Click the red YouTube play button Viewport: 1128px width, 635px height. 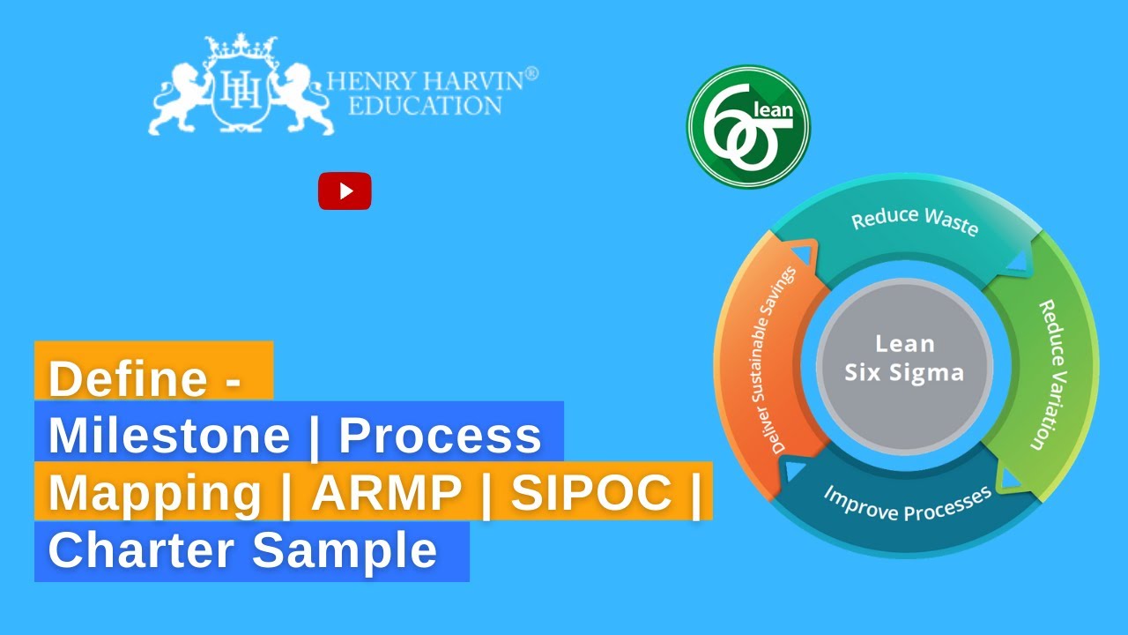pos(345,191)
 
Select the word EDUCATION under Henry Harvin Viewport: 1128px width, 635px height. pos(426,107)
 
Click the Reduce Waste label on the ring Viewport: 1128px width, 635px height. pos(915,221)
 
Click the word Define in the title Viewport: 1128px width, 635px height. pos(128,379)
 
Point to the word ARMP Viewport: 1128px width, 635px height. pos(387,494)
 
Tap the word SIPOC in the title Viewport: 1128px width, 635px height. pos(592,494)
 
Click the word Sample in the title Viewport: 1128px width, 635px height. pos(345,551)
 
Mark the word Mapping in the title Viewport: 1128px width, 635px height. pos(155,494)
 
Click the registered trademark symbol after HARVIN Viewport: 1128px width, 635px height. pos(531,75)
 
